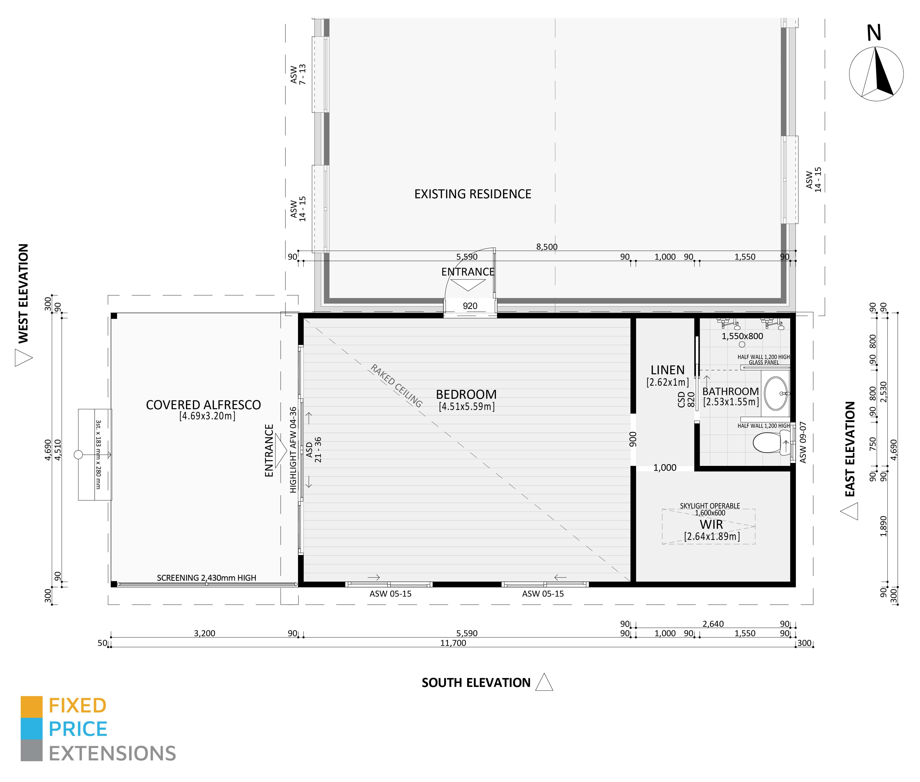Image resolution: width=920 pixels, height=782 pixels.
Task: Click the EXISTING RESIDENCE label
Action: (x=472, y=194)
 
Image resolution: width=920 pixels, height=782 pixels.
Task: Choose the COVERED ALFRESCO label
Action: (x=203, y=405)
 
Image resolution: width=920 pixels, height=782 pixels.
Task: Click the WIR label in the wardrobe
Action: (x=711, y=525)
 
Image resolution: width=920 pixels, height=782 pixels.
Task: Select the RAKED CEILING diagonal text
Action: (x=396, y=386)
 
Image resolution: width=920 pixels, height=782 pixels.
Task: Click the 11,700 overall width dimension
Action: (x=453, y=643)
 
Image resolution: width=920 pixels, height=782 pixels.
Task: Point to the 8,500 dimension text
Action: (x=546, y=247)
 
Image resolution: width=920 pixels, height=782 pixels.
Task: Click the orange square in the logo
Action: (x=31, y=707)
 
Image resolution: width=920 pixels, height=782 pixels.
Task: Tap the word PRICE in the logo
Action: (x=78, y=729)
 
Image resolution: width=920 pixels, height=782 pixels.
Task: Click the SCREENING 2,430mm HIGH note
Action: (x=206, y=578)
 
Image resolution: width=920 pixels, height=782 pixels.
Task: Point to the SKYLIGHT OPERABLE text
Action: (x=710, y=506)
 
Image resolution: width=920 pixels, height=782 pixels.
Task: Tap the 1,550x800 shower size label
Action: (x=742, y=336)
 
